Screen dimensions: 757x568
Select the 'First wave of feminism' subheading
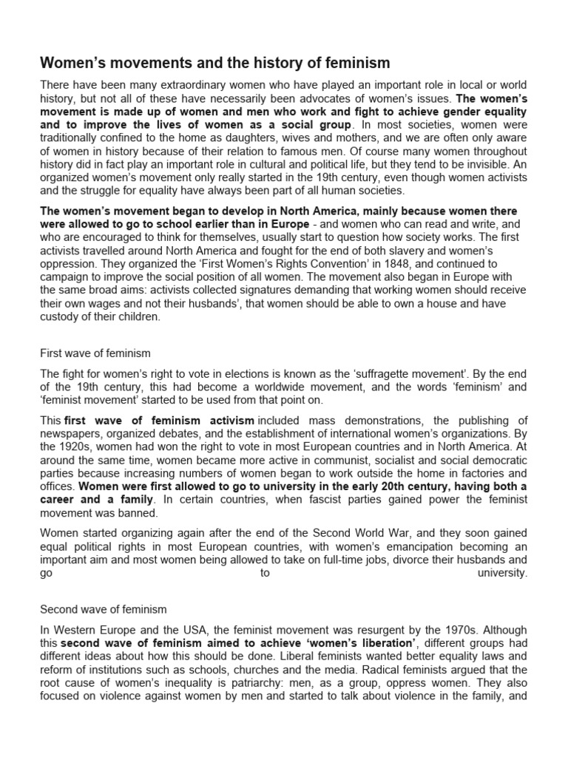click(95, 353)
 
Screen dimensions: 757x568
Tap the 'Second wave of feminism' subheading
click(104, 609)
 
